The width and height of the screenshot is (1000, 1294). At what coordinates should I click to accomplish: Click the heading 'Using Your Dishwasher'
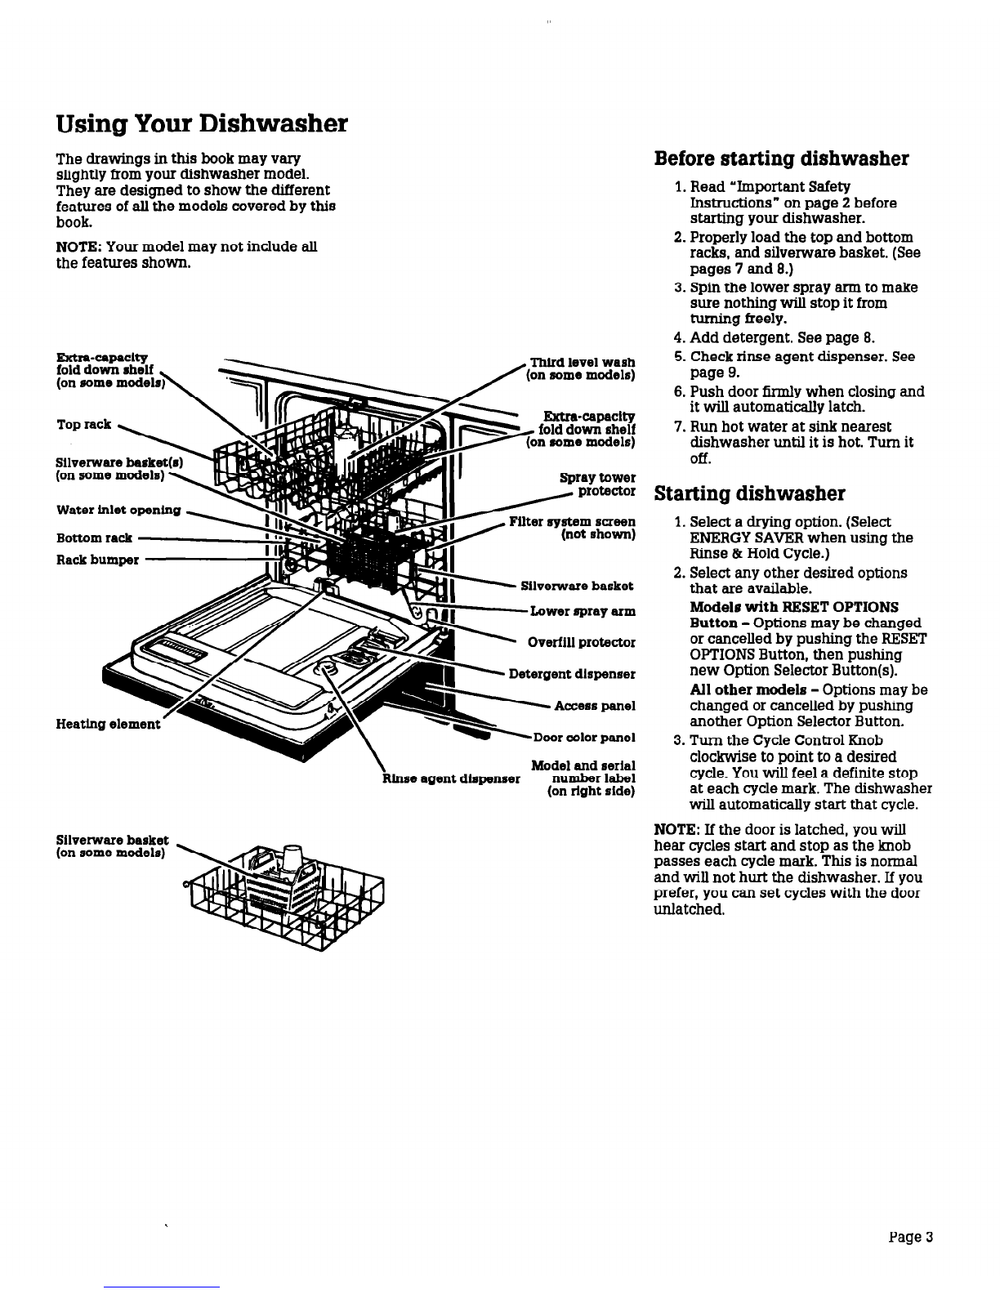[x=202, y=125]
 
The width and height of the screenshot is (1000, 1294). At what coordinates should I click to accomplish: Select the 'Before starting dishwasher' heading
[x=782, y=158]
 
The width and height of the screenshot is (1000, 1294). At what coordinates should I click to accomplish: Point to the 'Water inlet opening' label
[x=118, y=511]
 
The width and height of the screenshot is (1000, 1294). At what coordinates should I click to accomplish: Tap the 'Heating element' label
[x=108, y=724]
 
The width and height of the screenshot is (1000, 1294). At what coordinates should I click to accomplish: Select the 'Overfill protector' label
[x=581, y=642]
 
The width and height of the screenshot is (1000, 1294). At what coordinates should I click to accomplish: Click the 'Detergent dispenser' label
[x=572, y=674]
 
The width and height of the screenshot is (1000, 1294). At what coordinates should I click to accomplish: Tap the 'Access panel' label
[x=594, y=706]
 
